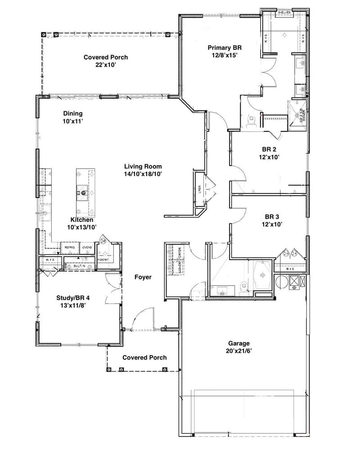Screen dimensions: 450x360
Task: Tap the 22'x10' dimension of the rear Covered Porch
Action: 106,65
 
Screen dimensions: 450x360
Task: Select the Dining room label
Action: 73,114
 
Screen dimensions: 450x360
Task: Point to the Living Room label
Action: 143,166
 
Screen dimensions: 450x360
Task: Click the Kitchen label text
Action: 82,220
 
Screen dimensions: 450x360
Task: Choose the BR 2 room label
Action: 270,150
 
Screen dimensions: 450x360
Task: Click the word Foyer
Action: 143,277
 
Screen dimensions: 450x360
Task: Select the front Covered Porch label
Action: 144,357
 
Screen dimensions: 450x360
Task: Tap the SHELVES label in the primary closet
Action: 284,12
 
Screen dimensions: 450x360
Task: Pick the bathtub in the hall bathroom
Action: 261,274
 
